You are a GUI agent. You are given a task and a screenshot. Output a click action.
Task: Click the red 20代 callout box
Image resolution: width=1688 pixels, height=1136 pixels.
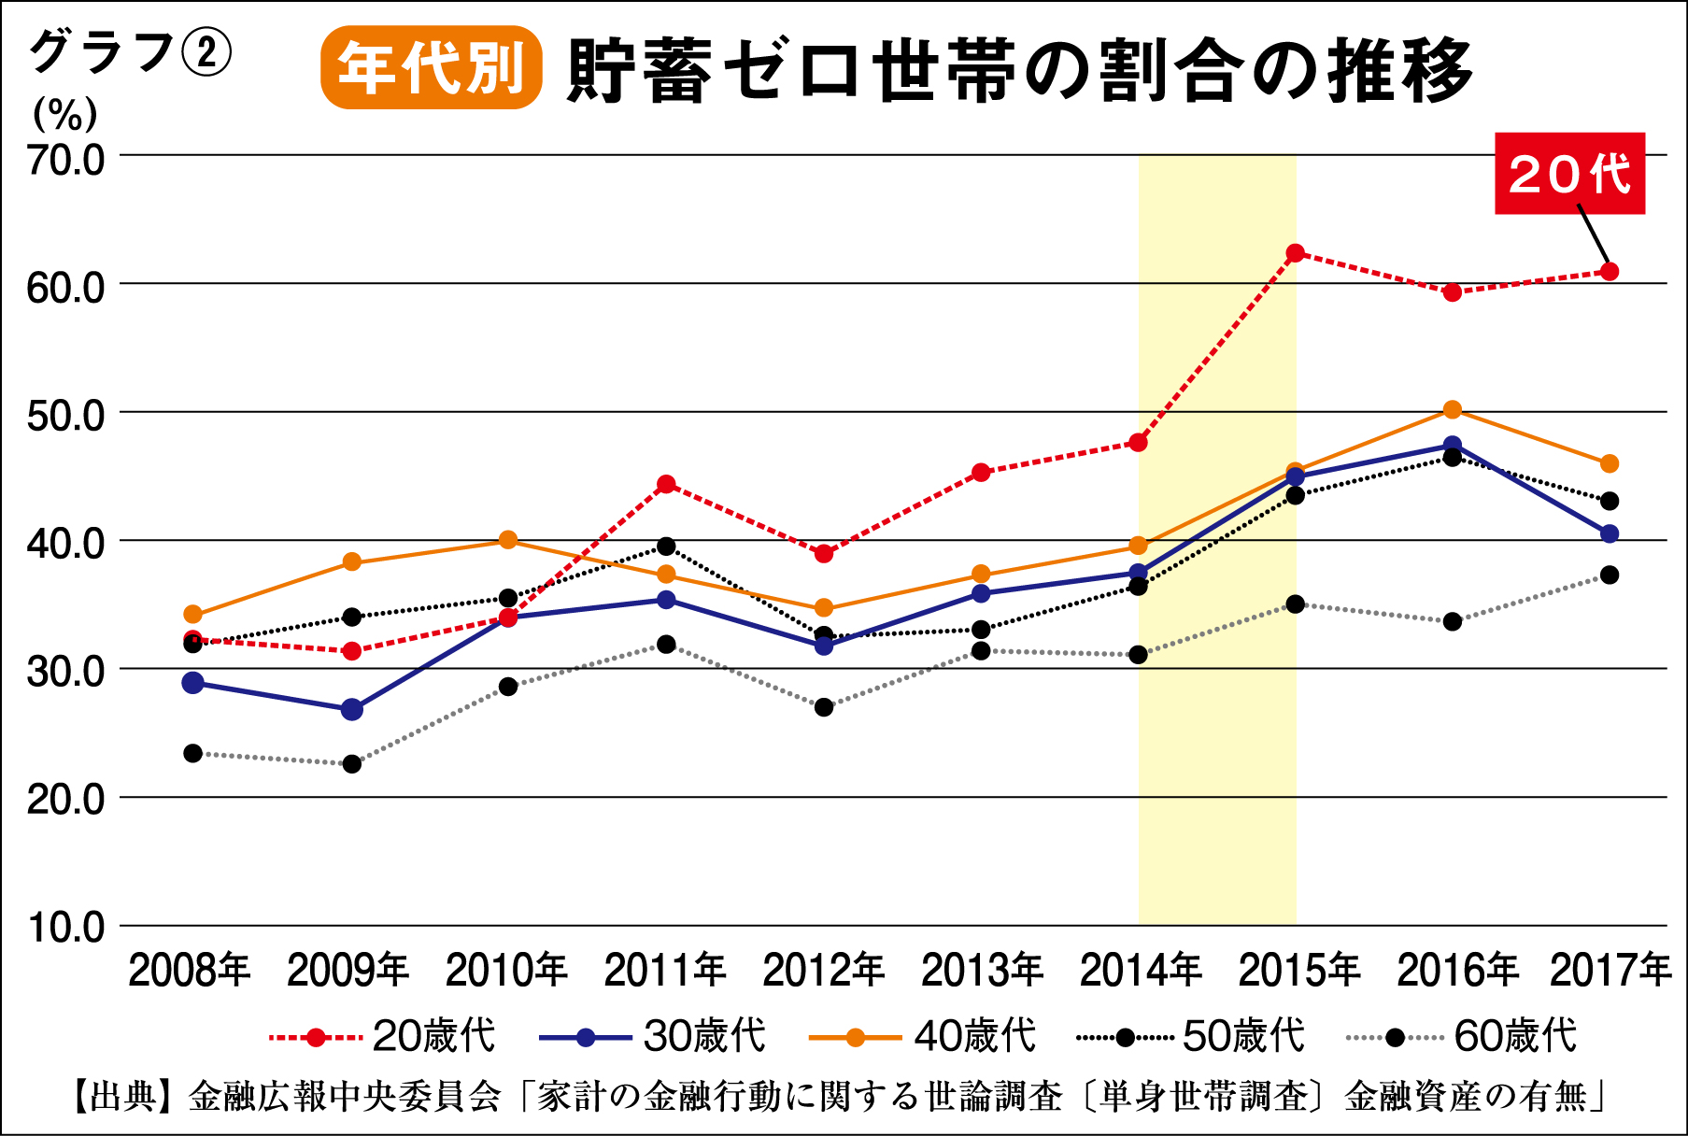pyautogui.click(x=1569, y=174)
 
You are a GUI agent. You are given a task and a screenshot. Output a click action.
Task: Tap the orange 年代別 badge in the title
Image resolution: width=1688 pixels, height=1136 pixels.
pyautogui.click(x=431, y=68)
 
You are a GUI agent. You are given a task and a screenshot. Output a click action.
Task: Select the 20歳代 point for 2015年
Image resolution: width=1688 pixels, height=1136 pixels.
pyautogui.click(x=1295, y=253)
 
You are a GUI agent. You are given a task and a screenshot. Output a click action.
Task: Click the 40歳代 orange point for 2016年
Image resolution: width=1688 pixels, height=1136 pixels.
pyautogui.click(x=1452, y=410)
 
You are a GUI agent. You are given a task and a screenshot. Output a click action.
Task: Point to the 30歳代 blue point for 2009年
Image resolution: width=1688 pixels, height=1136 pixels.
pyautogui.click(x=351, y=709)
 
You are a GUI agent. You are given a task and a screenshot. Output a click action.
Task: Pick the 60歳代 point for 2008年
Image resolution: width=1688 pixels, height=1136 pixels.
pyautogui.click(x=193, y=753)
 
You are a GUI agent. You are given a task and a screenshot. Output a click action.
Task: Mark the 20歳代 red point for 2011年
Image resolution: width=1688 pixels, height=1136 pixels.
pyautogui.click(x=666, y=484)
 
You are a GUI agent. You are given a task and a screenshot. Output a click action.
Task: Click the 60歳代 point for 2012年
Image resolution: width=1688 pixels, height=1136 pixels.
pyautogui.click(x=823, y=707)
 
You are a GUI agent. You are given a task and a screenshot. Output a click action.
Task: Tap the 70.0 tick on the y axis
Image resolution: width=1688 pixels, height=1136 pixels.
pyautogui.click(x=65, y=161)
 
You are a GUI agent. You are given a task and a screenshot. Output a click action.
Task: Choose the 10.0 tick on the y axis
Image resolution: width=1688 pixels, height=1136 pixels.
pyautogui.click(x=65, y=928)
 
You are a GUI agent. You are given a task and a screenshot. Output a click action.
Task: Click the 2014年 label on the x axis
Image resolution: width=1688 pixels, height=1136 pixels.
pyautogui.click(x=1140, y=971)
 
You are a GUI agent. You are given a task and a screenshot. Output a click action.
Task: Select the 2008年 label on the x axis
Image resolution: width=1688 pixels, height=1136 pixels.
pyautogui.click(x=190, y=971)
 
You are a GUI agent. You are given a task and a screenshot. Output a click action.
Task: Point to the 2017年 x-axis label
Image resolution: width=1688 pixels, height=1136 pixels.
pyautogui.click(x=1610, y=971)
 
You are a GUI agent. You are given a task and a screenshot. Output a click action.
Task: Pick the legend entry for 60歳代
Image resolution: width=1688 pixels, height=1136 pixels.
pyautogui.click(x=1463, y=1036)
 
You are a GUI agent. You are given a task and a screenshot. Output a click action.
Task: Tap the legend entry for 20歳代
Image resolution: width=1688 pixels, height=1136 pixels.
pyautogui.click(x=382, y=1036)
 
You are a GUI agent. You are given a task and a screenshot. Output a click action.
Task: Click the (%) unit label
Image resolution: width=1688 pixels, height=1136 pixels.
pyautogui.click(x=64, y=114)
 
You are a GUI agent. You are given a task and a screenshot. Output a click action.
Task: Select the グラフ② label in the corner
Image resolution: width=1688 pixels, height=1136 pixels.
pyautogui.click(x=130, y=52)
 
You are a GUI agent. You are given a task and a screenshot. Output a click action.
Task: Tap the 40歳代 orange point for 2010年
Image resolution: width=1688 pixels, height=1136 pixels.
pyautogui.click(x=508, y=540)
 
